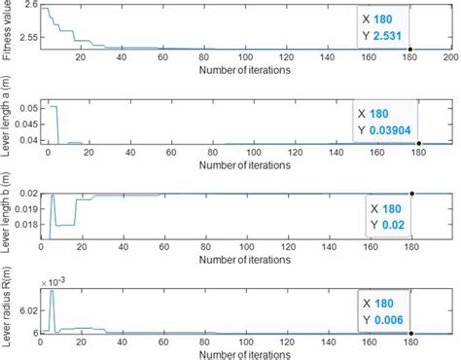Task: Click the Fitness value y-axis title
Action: point(8,31)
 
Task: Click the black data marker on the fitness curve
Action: point(410,49)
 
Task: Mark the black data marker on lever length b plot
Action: point(411,194)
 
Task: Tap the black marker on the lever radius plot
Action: point(411,334)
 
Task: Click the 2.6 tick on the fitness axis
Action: point(30,7)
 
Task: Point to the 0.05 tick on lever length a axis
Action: point(26,109)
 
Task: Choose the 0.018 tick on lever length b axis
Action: point(24,225)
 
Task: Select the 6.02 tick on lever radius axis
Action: point(27,310)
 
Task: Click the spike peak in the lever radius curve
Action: point(52,292)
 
